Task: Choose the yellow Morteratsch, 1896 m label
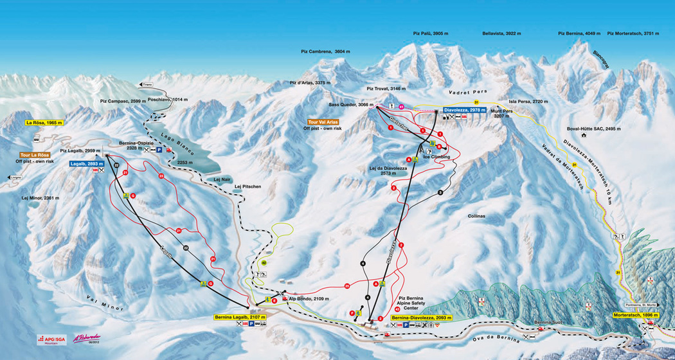click(x=637, y=316)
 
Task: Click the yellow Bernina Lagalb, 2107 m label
click(x=240, y=317)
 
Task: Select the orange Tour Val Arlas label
click(x=323, y=122)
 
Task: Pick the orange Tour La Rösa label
click(x=33, y=155)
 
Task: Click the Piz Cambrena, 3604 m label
click(x=325, y=51)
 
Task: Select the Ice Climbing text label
click(x=437, y=157)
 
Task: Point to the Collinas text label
click(x=476, y=217)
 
